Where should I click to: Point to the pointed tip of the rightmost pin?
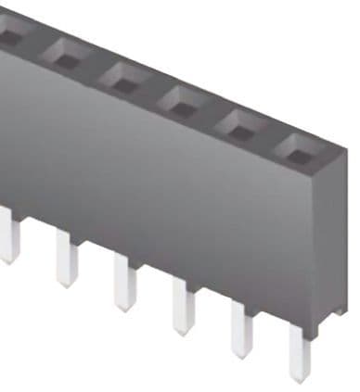pos(299,377)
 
